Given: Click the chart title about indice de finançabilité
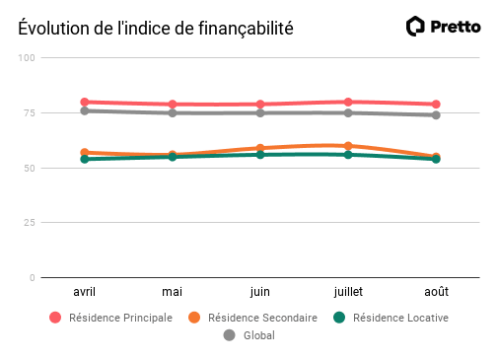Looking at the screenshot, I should (x=156, y=28).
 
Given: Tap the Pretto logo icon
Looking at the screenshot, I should (x=416, y=27).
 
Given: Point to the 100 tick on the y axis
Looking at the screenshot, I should (x=27, y=58).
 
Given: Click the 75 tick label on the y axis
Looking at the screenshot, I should (x=30, y=113).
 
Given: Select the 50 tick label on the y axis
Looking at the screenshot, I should (x=30, y=169).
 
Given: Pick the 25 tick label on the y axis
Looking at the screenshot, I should (x=30, y=223).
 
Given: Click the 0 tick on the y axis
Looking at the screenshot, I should (x=33, y=278).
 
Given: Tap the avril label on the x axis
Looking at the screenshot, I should (x=85, y=292).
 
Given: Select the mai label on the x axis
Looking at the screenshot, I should (x=173, y=292).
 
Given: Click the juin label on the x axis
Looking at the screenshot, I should (x=260, y=292).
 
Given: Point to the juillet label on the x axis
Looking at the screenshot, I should (x=348, y=292).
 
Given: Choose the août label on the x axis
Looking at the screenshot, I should (x=436, y=292).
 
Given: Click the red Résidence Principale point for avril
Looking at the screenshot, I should (x=85, y=102).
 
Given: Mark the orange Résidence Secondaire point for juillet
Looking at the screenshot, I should (x=348, y=146).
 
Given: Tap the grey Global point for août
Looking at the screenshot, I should (x=436, y=114).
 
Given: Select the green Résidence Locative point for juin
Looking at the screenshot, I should (x=260, y=155).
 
